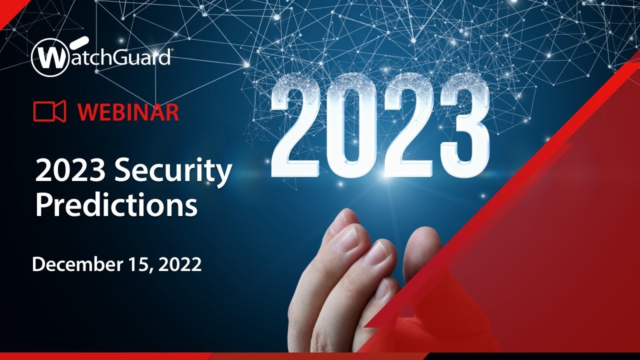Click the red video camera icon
49,111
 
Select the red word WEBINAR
128,112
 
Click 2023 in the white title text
70,172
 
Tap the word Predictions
116,205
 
